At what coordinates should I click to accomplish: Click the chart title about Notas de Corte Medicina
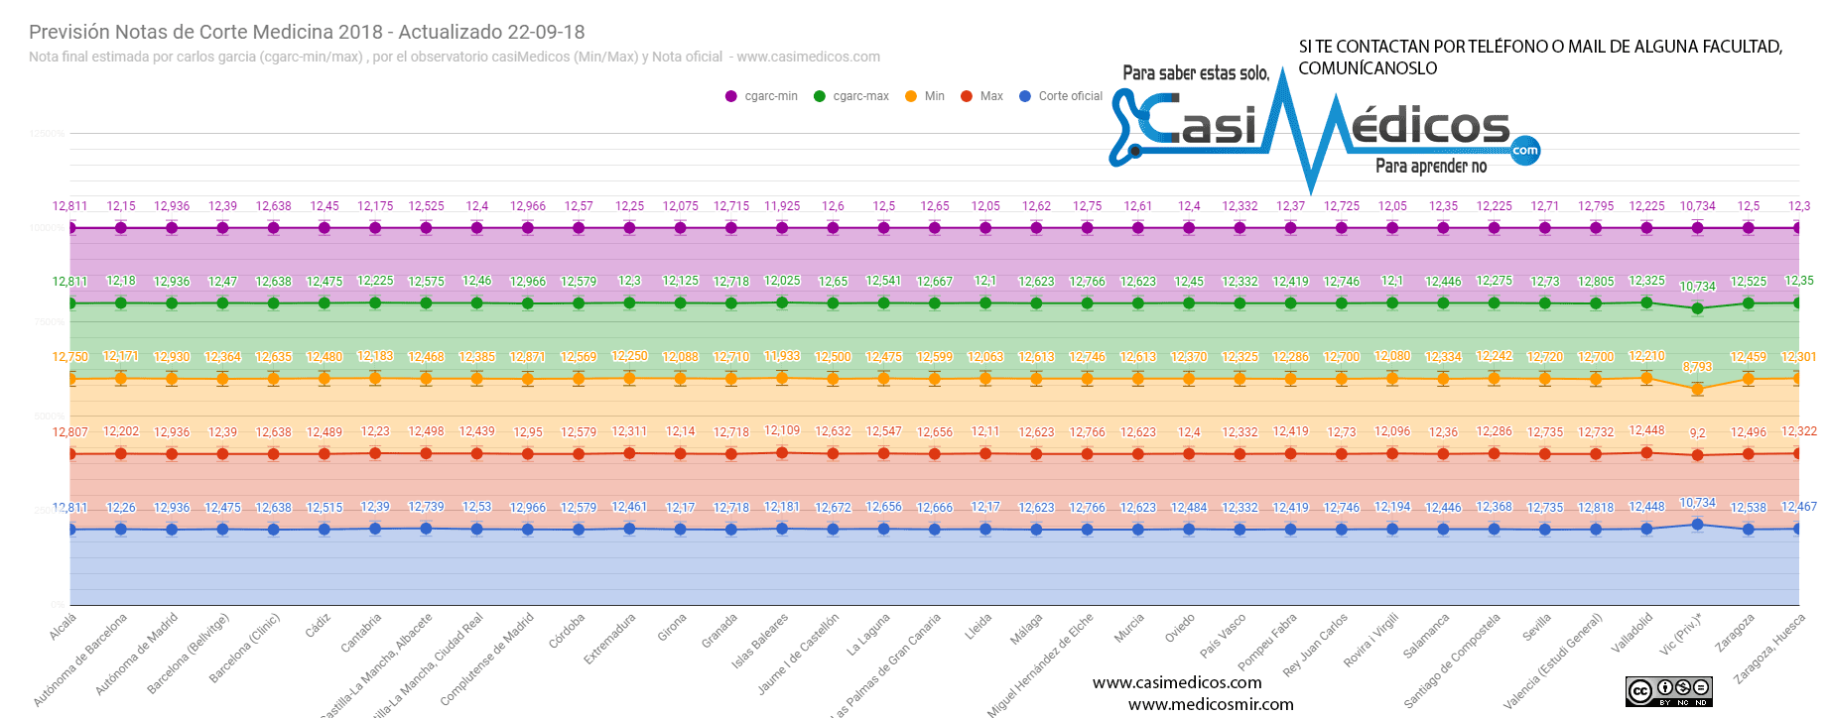point(307,32)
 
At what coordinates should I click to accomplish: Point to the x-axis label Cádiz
point(319,625)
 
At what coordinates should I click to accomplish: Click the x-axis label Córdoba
point(567,631)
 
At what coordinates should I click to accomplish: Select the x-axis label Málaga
point(1026,629)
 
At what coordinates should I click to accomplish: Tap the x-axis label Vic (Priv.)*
point(1681,634)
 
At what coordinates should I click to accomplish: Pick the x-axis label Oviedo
point(1180,629)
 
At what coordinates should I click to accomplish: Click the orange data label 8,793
point(1697,367)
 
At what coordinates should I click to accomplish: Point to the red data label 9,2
point(1697,433)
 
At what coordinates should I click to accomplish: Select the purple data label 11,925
point(782,206)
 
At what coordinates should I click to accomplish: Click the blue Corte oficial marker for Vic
point(1697,525)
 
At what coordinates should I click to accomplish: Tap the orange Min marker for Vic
point(1697,390)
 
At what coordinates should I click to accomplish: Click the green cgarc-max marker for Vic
point(1697,308)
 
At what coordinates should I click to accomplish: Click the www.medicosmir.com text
point(1211,704)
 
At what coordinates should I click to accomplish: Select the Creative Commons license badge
point(1668,691)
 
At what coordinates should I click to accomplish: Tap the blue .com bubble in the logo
point(1524,151)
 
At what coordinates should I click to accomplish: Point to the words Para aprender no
point(1430,167)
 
